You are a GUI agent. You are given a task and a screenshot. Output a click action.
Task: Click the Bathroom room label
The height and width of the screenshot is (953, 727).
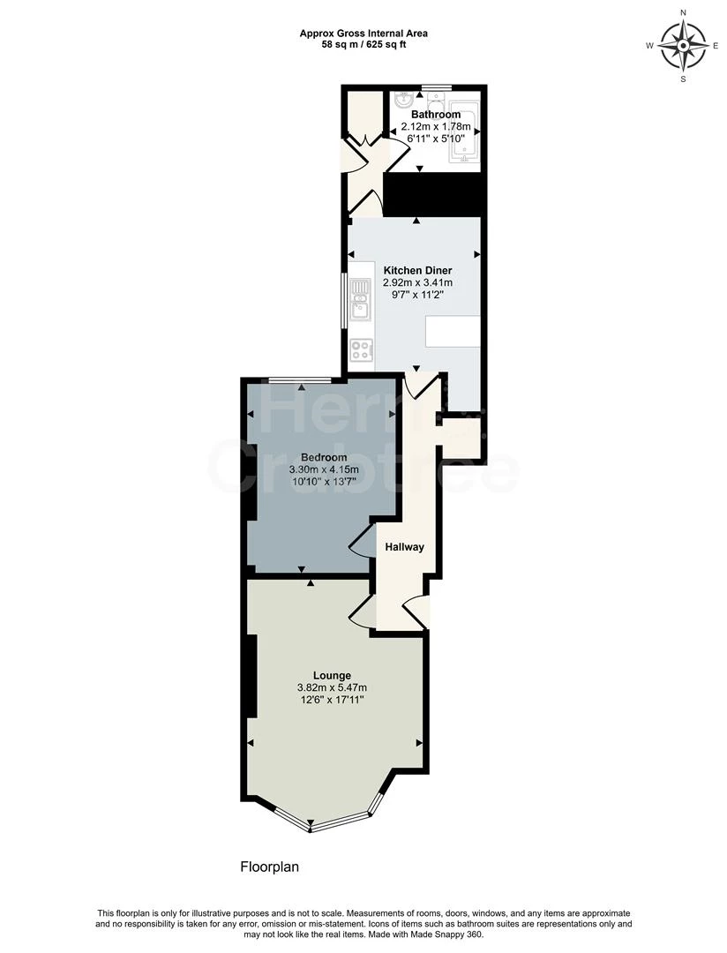[436, 115]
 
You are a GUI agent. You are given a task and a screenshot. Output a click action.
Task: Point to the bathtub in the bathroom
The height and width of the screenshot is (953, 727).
[465, 138]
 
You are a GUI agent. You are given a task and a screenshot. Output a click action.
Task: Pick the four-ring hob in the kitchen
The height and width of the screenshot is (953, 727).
[361, 349]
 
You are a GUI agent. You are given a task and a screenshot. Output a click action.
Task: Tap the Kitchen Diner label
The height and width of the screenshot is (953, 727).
[417, 270]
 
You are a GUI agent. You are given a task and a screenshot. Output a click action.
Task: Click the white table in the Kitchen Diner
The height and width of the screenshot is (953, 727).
[453, 332]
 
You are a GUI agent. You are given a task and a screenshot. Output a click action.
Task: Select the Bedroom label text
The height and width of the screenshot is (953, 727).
[324, 457]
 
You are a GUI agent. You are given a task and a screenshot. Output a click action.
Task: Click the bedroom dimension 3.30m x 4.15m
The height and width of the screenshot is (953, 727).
[324, 470]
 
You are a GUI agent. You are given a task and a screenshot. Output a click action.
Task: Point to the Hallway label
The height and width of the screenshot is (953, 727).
[405, 547]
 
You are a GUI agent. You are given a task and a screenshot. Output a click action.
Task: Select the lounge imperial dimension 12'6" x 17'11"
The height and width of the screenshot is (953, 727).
[331, 700]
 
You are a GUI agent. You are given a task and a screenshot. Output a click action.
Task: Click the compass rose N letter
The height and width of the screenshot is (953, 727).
[684, 13]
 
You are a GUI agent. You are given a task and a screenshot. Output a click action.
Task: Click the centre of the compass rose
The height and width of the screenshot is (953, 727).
[684, 45]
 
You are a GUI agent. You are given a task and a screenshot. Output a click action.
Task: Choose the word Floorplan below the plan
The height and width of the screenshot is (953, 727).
[270, 867]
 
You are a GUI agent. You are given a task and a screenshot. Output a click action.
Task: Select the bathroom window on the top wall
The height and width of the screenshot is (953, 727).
[437, 86]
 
